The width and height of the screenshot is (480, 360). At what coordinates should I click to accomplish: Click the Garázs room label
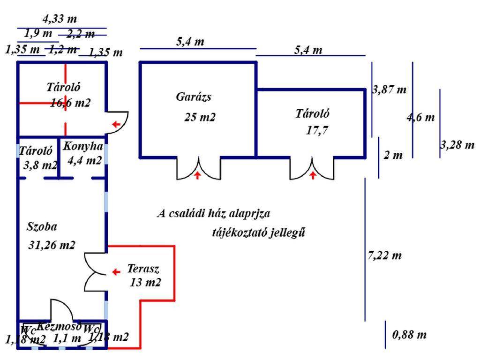(x=194, y=97)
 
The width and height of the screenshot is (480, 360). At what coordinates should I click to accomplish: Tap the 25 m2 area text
(x=200, y=117)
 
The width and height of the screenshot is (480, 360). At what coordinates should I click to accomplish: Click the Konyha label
(x=83, y=146)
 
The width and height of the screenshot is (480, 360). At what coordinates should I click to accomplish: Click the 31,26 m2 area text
(x=52, y=245)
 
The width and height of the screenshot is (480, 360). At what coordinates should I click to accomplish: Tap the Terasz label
(x=143, y=269)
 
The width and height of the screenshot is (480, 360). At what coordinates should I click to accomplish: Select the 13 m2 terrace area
(x=145, y=283)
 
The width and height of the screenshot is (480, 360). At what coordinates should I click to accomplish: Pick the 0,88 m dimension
(x=409, y=335)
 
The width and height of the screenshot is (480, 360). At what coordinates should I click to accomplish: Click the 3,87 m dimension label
(x=389, y=90)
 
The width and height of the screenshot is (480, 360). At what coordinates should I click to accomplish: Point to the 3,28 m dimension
(x=457, y=145)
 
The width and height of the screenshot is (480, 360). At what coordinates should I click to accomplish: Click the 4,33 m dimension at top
(x=59, y=19)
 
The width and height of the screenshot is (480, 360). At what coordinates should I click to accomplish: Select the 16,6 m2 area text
(x=70, y=103)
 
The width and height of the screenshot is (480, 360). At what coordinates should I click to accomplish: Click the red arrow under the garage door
(x=197, y=176)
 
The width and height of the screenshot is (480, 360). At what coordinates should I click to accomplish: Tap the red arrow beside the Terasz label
(x=116, y=271)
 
